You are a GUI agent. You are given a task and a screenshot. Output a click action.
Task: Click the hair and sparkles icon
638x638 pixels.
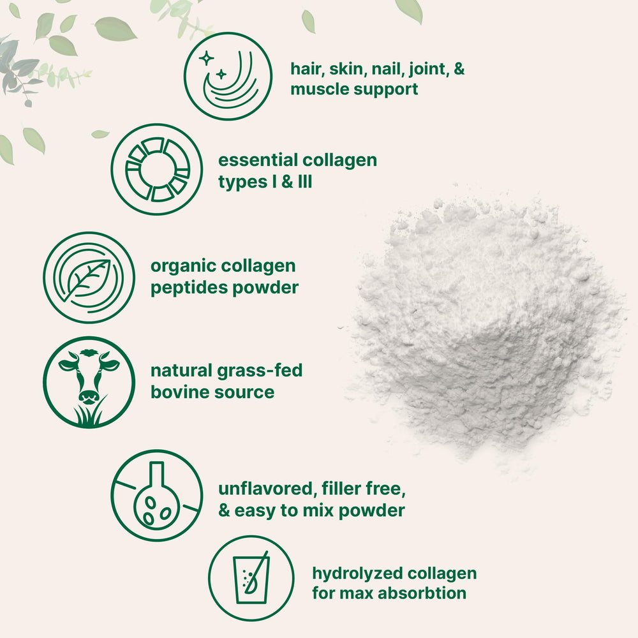tap(228, 76)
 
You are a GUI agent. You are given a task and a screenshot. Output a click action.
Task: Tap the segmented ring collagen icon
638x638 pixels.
tap(157, 169)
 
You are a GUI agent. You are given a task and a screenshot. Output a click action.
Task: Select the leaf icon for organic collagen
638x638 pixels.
tap(89, 278)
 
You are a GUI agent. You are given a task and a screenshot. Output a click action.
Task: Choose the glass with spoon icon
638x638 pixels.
tap(251, 578)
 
